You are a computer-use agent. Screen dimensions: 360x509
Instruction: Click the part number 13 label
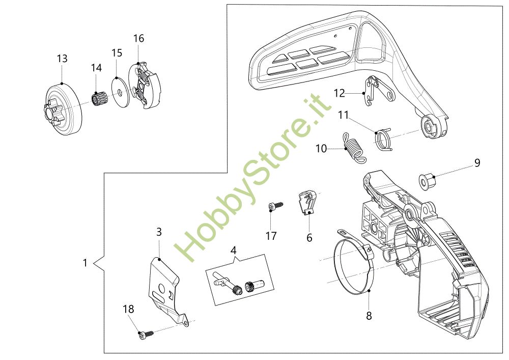point(62,59)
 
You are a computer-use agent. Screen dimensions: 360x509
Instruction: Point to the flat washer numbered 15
point(119,92)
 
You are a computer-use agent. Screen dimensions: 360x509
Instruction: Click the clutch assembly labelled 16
point(145,85)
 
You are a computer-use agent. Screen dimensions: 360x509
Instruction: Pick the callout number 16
point(138,38)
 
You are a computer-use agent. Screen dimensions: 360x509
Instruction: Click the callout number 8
point(369,316)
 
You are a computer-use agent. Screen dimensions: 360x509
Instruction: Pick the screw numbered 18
point(144,334)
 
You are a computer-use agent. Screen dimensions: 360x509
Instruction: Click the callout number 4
point(234,251)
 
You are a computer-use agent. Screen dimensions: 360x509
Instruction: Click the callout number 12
point(340,93)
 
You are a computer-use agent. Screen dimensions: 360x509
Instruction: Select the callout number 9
point(477,163)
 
